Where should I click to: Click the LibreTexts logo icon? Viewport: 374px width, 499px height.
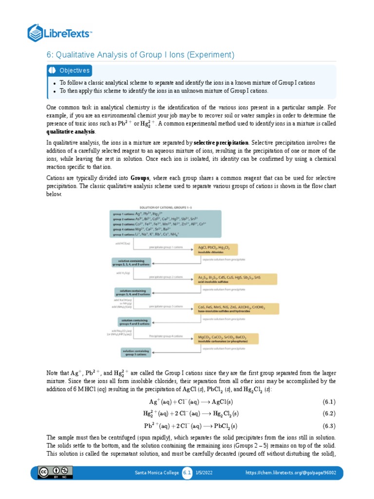point(36,33)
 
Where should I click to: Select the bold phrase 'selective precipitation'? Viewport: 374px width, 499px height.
point(222,143)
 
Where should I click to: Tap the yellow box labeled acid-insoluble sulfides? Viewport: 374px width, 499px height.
point(235,279)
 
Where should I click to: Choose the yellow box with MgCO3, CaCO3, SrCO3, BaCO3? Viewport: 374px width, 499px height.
point(225,338)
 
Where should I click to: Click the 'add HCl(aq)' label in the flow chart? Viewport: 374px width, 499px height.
point(121,243)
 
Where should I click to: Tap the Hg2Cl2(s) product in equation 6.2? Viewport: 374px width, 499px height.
point(222,414)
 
